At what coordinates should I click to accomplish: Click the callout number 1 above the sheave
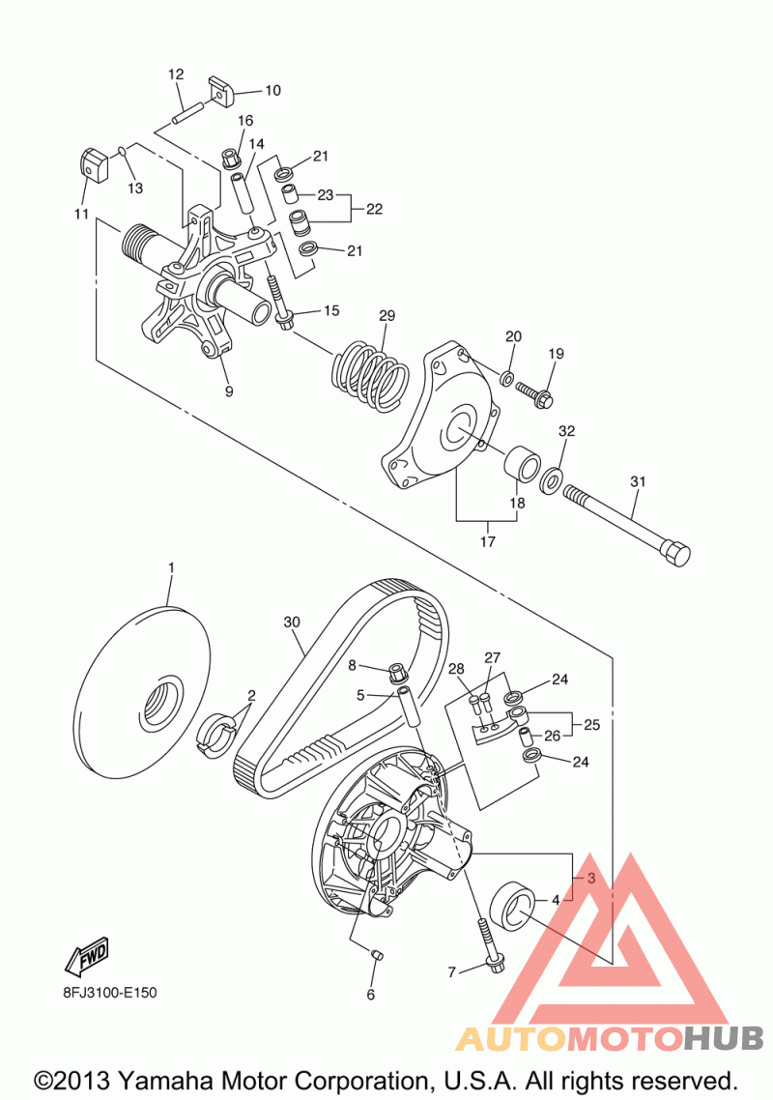click(171, 568)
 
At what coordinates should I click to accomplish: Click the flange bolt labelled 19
click(533, 392)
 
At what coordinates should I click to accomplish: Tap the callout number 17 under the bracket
click(487, 541)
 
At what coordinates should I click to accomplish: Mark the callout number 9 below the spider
click(228, 391)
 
